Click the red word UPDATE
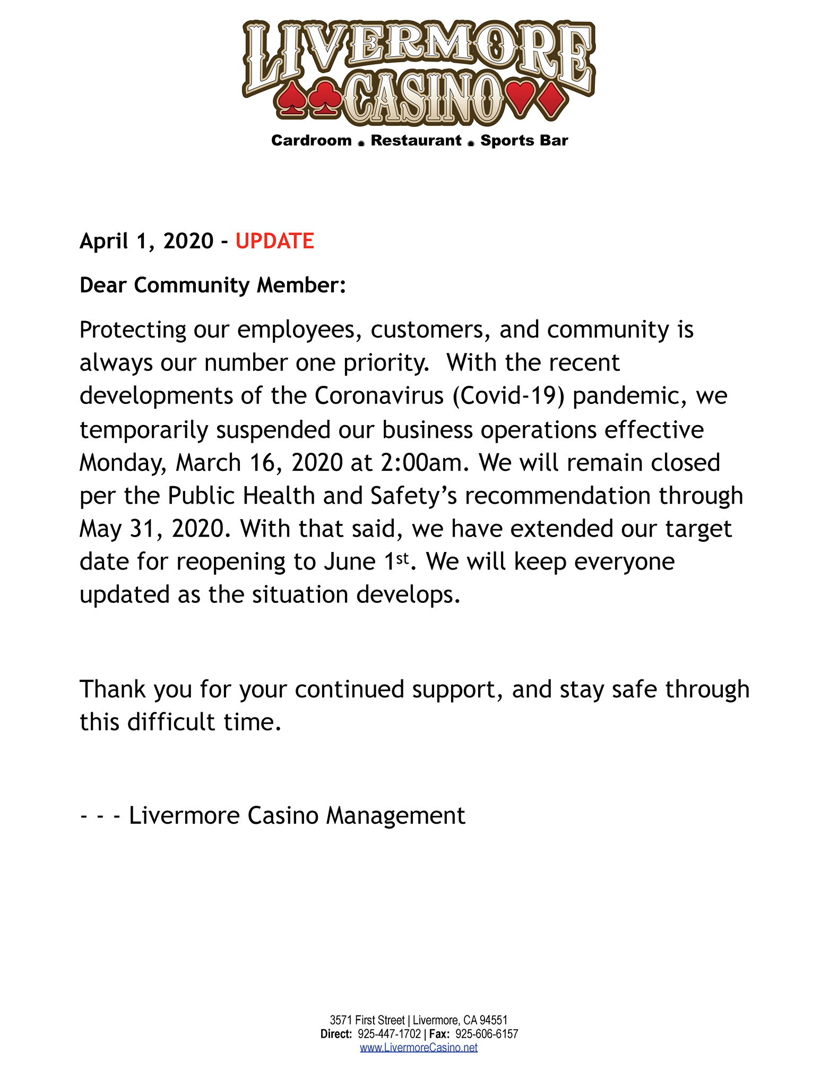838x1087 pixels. tap(274, 241)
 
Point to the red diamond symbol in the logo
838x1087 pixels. tap(552, 99)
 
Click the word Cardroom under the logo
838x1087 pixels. tap(311, 141)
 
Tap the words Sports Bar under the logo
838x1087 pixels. tap(524, 141)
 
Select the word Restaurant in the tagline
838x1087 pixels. tap(416, 141)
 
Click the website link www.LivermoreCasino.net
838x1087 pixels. tap(419, 1047)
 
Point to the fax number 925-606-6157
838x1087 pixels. tap(487, 1033)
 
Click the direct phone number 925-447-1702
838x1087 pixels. tap(389, 1033)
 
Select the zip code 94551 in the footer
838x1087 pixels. tap(494, 1020)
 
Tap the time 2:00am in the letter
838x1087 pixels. tap(425, 462)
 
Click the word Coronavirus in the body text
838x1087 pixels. tap(379, 396)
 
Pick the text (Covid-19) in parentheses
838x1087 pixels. tap(508, 396)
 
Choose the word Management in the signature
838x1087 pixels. tap(395, 815)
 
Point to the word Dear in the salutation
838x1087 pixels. tap(103, 285)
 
